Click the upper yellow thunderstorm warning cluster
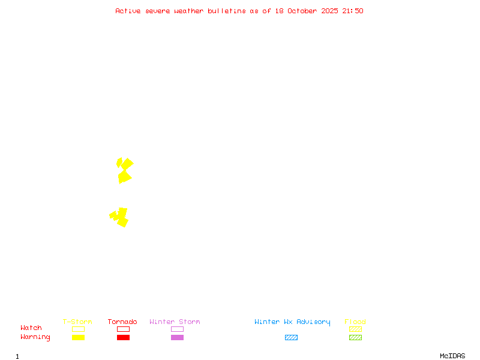pyautogui.click(x=124, y=171)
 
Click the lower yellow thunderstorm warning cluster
pyautogui.click(x=119, y=217)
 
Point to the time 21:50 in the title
pyautogui.click(x=353, y=11)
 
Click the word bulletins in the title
pyautogui.click(x=227, y=11)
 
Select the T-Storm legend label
pyautogui.click(x=77, y=322)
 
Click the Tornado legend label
pyautogui.click(x=122, y=322)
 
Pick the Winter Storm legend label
pyautogui.click(x=175, y=322)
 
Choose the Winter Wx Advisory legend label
pyautogui.click(x=292, y=322)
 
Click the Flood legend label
pyautogui.click(x=355, y=322)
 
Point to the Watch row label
pyautogui.click(x=31, y=328)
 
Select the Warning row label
pyautogui.click(x=35, y=337)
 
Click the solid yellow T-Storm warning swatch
pyautogui.click(x=78, y=337)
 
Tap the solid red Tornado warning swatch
pyautogui.click(x=123, y=337)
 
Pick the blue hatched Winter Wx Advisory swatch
pyautogui.click(x=291, y=337)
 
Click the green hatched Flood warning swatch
pyautogui.click(x=355, y=337)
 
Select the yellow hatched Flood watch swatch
pyautogui.click(x=355, y=329)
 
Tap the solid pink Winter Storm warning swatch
pyautogui.click(x=177, y=337)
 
